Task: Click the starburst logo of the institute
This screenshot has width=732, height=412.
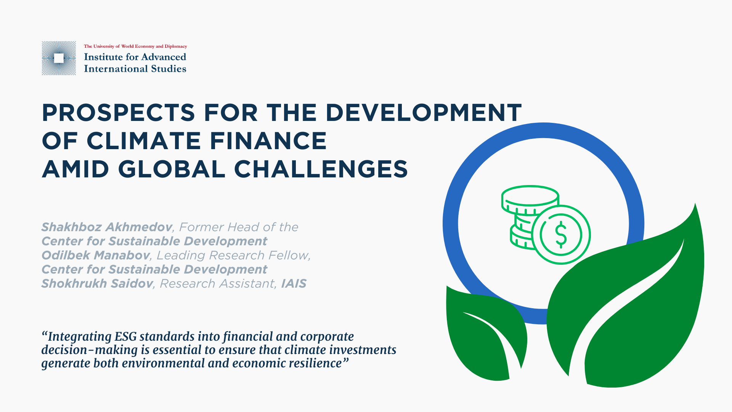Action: (59, 58)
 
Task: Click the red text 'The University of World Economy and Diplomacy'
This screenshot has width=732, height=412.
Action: (135, 46)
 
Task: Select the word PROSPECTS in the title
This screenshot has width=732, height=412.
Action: (119, 113)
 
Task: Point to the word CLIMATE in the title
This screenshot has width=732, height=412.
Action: (144, 141)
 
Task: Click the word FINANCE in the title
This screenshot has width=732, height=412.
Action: (268, 141)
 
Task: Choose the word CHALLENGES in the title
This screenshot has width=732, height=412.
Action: (321, 169)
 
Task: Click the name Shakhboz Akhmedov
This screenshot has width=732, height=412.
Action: (107, 227)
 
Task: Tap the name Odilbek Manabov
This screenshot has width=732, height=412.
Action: (95, 255)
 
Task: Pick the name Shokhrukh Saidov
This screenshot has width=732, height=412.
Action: (97, 283)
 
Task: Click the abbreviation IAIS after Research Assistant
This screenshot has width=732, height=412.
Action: (294, 283)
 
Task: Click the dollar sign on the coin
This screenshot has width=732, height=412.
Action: (561, 235)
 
